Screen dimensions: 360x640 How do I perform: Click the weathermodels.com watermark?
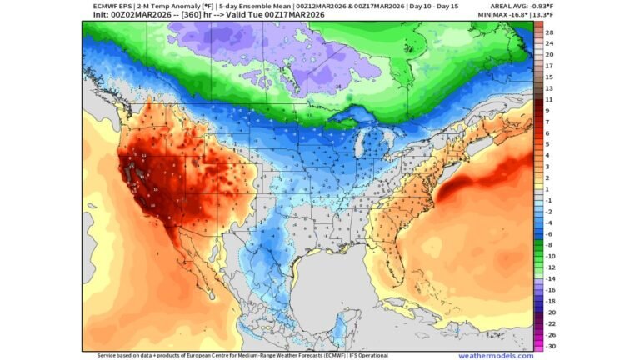pos(496,355)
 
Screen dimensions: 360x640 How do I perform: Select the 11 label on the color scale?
pos(549,99)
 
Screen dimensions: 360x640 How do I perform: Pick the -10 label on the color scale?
pos(549,256)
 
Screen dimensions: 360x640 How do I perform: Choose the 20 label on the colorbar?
pos(549,54)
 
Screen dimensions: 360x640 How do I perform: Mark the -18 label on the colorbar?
pos(549,301)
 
